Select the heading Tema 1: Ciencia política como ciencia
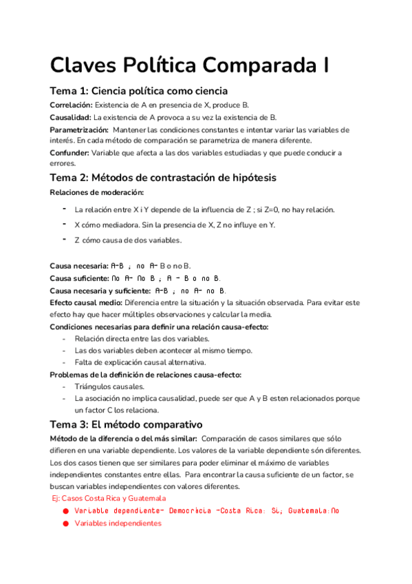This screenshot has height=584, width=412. [139, 91]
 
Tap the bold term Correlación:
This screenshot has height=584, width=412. [71, 105]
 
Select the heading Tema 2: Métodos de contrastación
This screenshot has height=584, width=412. [163, 178]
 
